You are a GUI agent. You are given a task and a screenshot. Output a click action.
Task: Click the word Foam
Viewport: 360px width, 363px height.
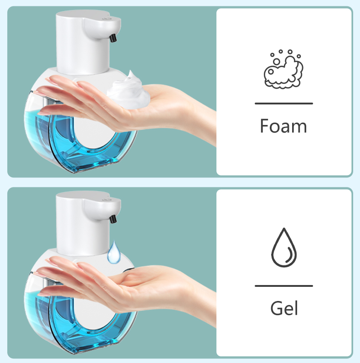point(283,126)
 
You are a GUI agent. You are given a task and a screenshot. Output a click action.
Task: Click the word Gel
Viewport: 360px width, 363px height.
point(284,308)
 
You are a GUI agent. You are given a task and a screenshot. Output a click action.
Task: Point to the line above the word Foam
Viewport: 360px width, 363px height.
point(283,104)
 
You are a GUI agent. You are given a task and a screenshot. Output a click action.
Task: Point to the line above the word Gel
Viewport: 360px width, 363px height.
point(283,286)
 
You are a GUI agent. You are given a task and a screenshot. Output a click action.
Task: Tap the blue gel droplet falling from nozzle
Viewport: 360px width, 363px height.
point(113,252)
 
